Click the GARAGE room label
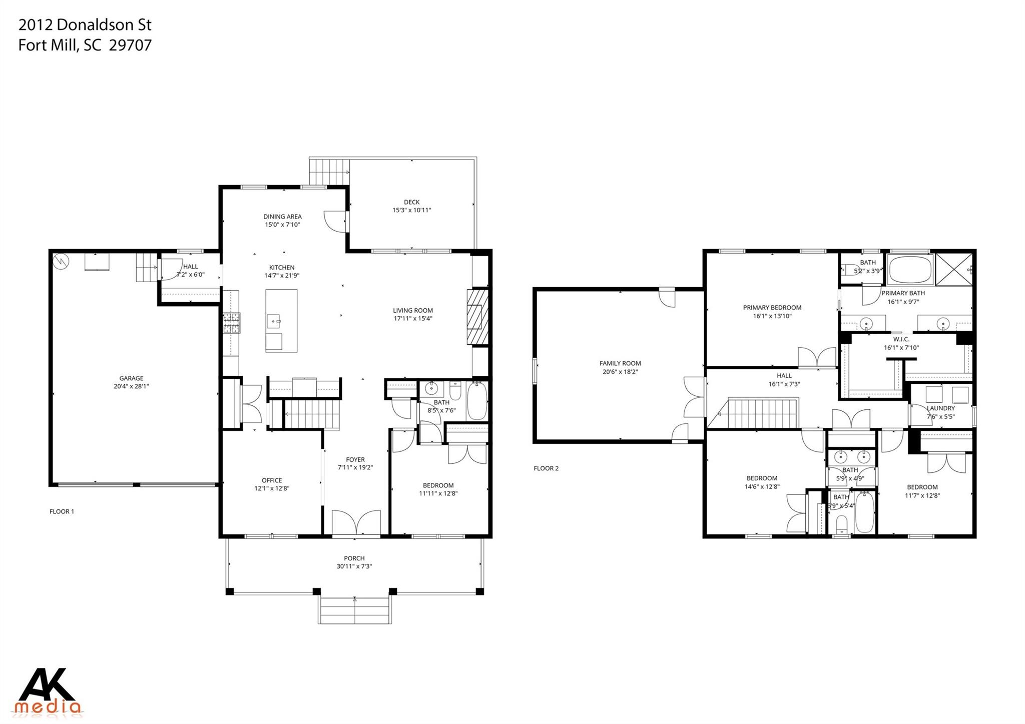click(x=131, y=378)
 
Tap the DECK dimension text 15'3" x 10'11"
click(x=411, y=210)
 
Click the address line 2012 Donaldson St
click(x=85, y=25)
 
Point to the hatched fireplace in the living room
click(x=477, y=317)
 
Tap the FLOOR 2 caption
click(x=546, y=468)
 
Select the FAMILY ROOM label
click(x=620, y=363)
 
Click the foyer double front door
click(x=356, y=522)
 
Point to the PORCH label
click(x=354, y=558)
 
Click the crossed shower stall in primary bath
click(x=954, y=270)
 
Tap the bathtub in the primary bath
click(x=911, y=269)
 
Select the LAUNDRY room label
click(x=940, y=408)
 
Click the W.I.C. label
click(x=901, y=339)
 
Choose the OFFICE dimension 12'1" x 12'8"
click(x=272, y=488)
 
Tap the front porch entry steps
click(x=354, y=611)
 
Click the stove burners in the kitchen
click(x=232, y=323)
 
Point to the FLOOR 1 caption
click(x=62, y=511)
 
